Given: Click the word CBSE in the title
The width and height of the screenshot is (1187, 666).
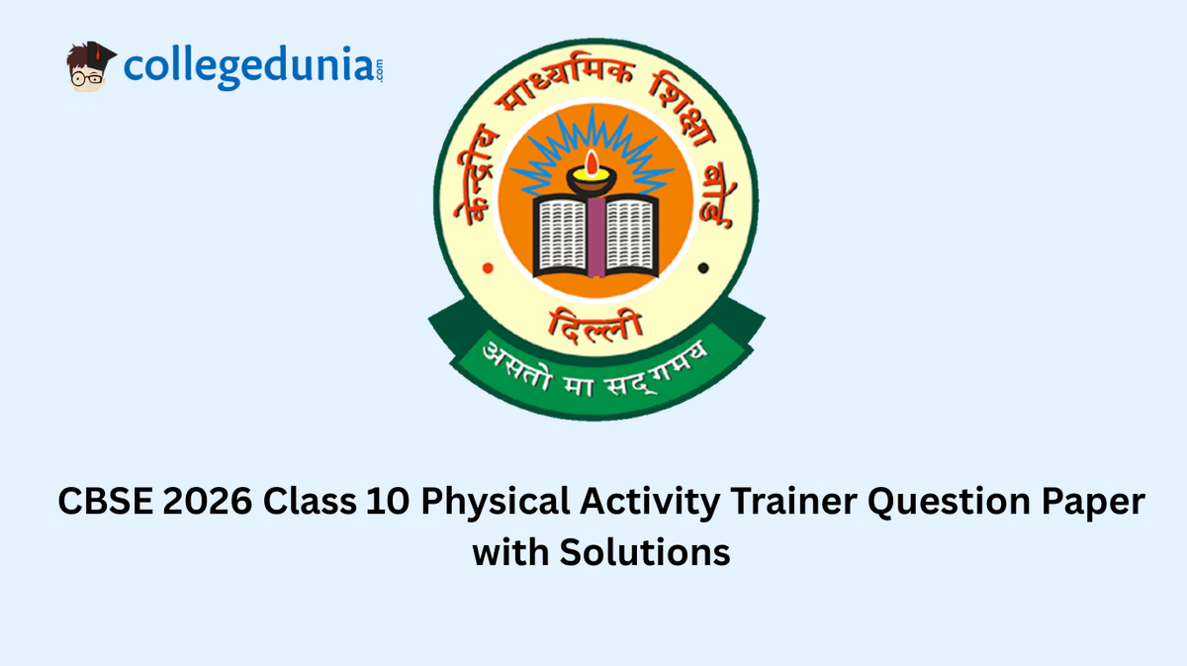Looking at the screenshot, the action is coord(105,501).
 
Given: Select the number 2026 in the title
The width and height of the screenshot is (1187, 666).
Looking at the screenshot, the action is coord(207,501).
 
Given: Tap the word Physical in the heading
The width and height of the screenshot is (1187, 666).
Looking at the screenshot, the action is coord(495,502).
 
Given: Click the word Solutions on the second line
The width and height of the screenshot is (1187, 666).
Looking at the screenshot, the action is coord(645,552).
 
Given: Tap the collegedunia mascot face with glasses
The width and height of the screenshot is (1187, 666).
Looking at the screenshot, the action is coord(89,67).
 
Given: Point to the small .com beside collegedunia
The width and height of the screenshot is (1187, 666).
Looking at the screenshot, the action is coord(380,70).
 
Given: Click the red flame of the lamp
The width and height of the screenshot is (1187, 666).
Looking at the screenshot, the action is coord(592,163).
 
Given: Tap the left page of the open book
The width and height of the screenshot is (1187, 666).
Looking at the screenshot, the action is coord(562,235).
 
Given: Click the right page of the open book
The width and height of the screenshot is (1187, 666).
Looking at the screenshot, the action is coord(631,235).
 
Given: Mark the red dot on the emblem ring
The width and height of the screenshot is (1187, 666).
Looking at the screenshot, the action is coord(488,268).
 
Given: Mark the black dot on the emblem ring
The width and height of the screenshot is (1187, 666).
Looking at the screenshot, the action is coord(703,268).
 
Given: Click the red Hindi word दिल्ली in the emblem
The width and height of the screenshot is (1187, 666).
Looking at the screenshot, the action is coord(594,324).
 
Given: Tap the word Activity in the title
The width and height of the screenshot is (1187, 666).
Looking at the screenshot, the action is coord(649,502).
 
